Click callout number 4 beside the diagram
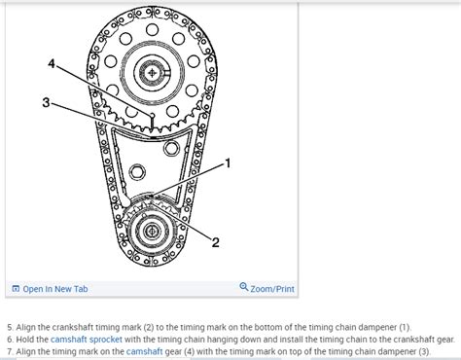pyautogui.click(x=52, y=64)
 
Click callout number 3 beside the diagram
pyautogui.click(x=45, y=101)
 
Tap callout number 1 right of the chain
pyautogui.click(x=229, y=163)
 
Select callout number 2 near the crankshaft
pyautogui.click(x=216, y=242)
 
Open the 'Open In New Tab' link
pyautogui.click(x=53, y=288)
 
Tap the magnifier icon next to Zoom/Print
pyautogui.click(x=243, y=287)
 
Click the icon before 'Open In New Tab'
pyautogui.click(x=15, y=288)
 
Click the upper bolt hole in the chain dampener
pyautogui.click(x=172, y=151)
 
